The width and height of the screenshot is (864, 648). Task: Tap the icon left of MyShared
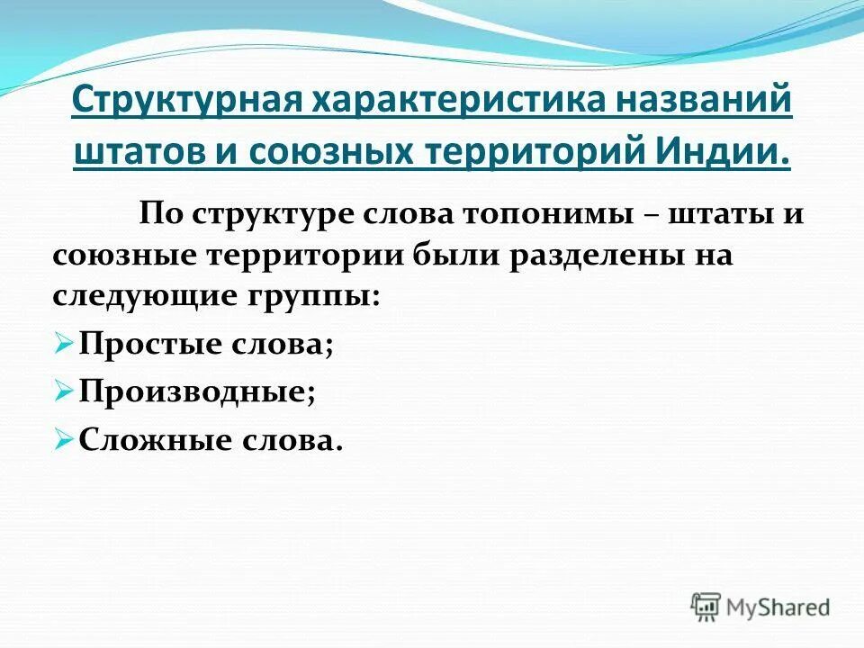pos(706,606)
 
